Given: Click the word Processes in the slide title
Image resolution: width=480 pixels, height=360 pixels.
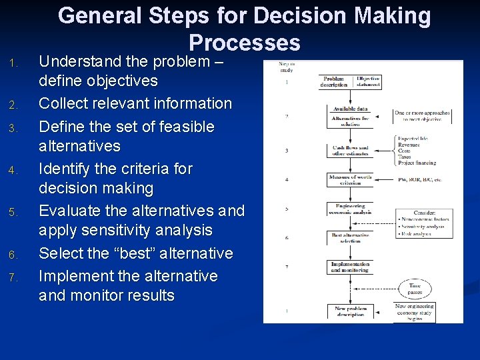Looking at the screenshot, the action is click(245, 43).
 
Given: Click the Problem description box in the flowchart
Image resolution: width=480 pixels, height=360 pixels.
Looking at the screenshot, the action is click(335, 81).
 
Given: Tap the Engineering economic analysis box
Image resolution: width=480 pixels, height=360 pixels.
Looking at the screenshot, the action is click(349, 209).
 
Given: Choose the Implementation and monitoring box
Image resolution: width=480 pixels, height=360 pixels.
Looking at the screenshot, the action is click(350, 267).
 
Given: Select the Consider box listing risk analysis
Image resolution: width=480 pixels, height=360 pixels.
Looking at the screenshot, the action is click(424, 223).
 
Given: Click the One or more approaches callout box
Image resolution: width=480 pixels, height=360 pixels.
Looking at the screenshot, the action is click(422, 116).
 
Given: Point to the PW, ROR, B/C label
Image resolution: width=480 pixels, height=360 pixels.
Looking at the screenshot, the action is click(419, 179).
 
